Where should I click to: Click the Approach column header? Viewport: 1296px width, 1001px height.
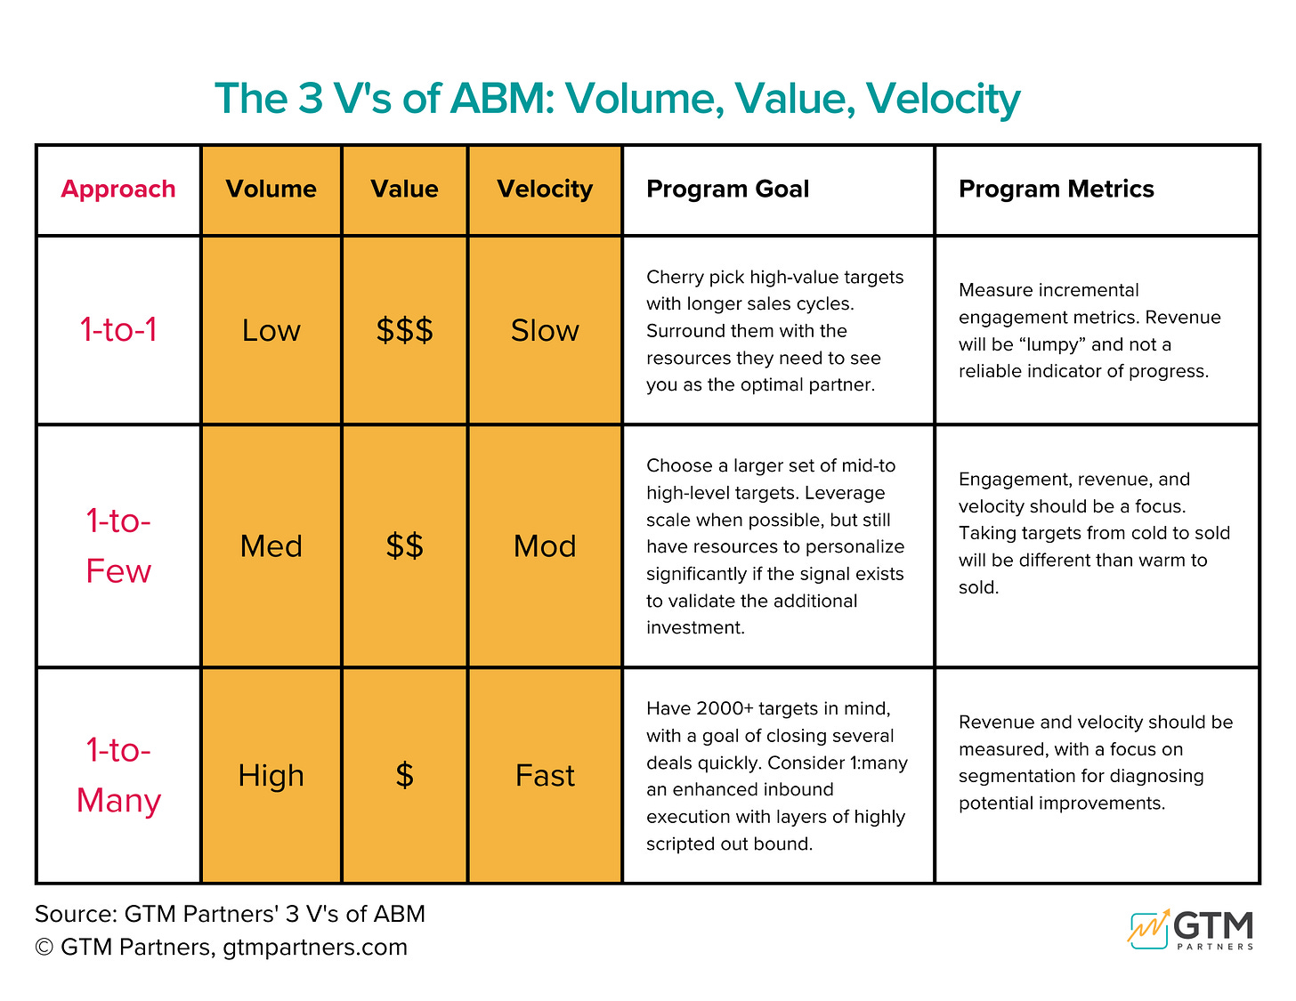tap(118, 189)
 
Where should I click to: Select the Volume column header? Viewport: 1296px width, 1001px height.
tap(271, 189)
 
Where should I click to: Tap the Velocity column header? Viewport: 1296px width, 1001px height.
tap(545, 189)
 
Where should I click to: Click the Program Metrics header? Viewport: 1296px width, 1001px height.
tap(1056, 189)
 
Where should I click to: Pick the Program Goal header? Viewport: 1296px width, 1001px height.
tap(727, 189)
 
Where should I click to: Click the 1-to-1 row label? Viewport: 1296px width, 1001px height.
tap(118, 330)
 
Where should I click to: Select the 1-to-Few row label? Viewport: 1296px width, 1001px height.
tap(118, 545)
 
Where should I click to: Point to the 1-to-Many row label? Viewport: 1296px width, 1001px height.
tap(118, 775)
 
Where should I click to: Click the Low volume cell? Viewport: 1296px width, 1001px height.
tap(271, 330)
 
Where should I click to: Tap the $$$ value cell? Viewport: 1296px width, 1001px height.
tap(404, 330)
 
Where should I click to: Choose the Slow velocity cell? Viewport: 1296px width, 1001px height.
tap(545, 330)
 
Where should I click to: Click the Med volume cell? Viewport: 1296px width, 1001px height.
tap(271, 545)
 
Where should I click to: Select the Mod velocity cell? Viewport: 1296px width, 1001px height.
tap(545, 545)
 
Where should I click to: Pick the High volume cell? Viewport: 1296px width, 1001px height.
tap(271, 775)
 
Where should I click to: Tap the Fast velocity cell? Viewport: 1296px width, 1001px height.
tap(545, 775)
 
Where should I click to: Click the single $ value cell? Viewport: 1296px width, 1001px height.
tap(404, 775)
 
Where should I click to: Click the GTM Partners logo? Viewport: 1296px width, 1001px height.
tap(1191, 930)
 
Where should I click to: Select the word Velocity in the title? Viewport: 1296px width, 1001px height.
tap(943, 98)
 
